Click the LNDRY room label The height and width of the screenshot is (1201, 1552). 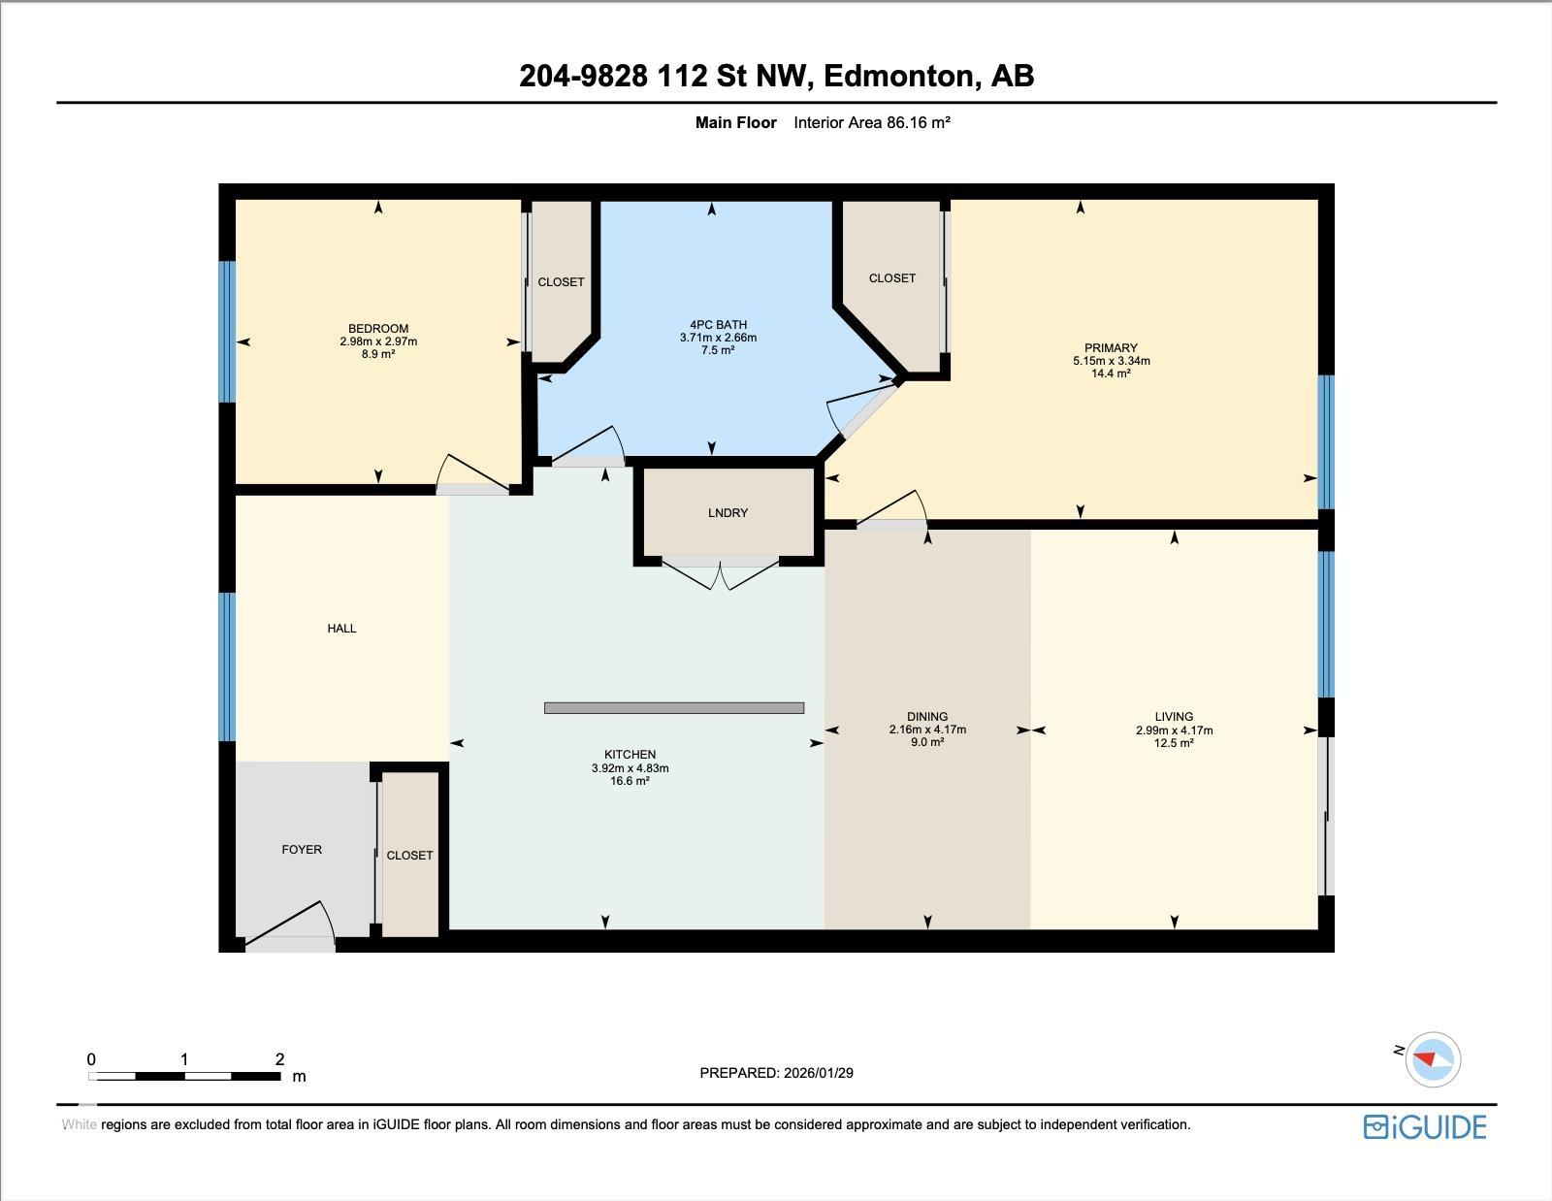point(727,512)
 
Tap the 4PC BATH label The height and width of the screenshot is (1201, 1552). point(718,325)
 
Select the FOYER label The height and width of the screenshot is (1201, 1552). point(302,850)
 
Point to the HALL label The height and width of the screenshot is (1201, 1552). point(341,629)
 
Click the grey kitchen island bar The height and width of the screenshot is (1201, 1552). point(674,707)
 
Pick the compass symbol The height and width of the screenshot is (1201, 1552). point(1432,1059)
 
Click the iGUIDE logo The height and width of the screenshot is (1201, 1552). point(1425,1127)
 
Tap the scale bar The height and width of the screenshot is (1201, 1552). point(184,1076)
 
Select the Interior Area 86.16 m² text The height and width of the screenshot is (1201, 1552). point(871,123)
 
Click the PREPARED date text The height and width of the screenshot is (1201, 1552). point(776,1073)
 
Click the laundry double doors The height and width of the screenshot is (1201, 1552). point(721,575)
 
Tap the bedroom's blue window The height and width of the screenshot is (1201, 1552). point(227,332)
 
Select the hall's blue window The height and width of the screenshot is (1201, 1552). point(227,666)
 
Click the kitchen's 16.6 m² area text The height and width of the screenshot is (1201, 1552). point(630,781)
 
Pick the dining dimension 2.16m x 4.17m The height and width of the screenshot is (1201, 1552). point(927,730)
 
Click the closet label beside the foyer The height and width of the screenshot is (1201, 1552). point(409,856)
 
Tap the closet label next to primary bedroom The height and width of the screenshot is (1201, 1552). point(892,278)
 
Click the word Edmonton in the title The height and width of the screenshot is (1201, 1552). point(898,77)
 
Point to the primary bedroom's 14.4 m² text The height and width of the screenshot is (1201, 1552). point(1111,373)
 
